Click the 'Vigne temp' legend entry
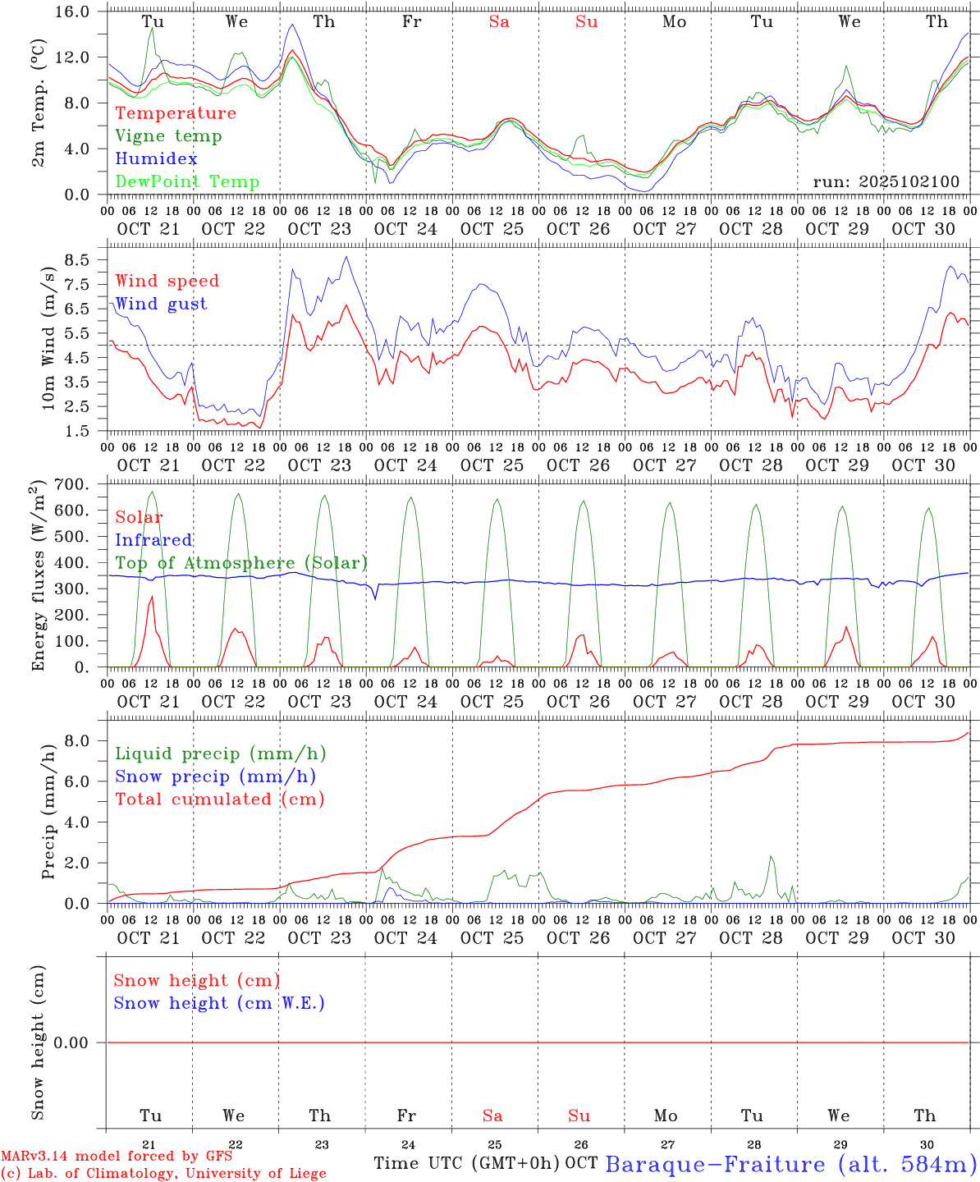click(168, 136)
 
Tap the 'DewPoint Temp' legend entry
click(187, 182)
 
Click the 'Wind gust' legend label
click(161, 304)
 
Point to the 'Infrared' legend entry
click(153, 540)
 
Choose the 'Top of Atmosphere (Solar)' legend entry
click(240, 563)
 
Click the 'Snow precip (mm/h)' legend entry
click(215, 777)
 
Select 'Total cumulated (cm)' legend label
click(219, 799)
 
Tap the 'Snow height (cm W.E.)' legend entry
click(219, 1003)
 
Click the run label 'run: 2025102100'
click(886, 182)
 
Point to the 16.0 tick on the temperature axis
click(79, 12)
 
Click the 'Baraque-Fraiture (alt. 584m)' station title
click(790, 1164)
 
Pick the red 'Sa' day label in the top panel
click(499, 22)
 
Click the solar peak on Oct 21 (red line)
click(152, 597)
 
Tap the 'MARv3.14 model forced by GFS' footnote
click(117, 1157)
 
